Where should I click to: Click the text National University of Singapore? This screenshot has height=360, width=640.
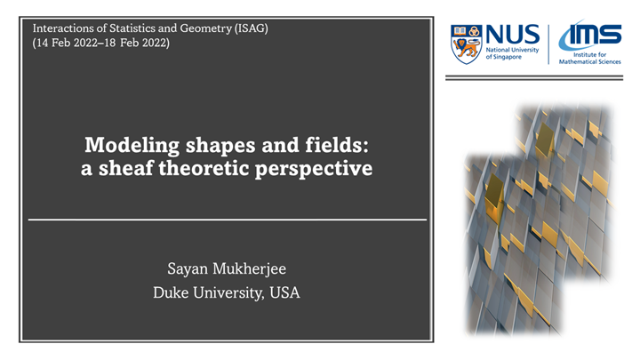pyautogui.click(x=513, y=54)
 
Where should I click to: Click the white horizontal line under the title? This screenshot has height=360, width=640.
pyautogui.click(x=228, y=219)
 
